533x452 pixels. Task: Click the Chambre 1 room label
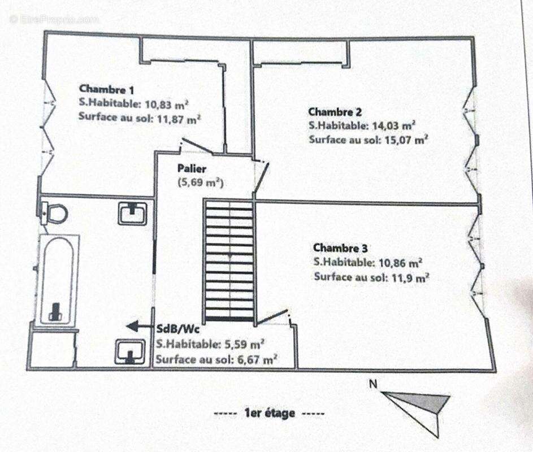[x=106, y=89]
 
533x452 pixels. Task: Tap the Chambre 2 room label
[x=335, y=112]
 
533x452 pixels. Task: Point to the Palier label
[x=192, y=168]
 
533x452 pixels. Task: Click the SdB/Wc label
[x=178, y=329]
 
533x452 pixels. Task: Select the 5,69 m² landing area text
[x=201, y=182]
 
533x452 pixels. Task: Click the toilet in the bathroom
[x=53, y=214]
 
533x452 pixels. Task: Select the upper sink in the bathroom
[x=133, y=213]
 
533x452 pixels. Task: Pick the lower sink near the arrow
[x=130, y=351]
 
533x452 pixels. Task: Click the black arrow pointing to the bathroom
[x=140, y=327]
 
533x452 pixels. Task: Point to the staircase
[x=229, y=260]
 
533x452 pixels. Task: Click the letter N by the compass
[x=373, y=384]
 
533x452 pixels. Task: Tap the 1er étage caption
[x=269, y=413]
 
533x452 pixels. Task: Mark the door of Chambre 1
[x=196, y=146]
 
